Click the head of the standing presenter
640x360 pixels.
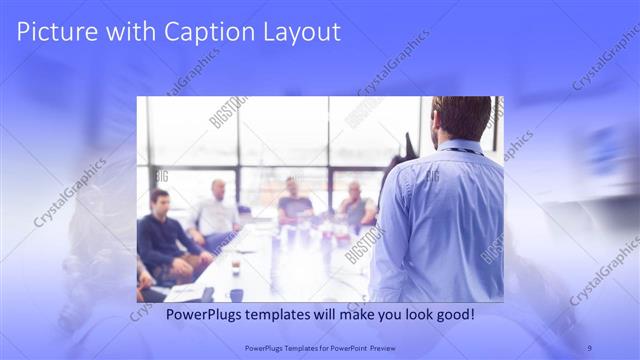coord(462,118)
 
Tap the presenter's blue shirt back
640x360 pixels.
coord(440,220)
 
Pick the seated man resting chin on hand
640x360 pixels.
coord(354,205)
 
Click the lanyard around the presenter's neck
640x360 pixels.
coord(462,150)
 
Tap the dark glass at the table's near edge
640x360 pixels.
coord(236,294)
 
